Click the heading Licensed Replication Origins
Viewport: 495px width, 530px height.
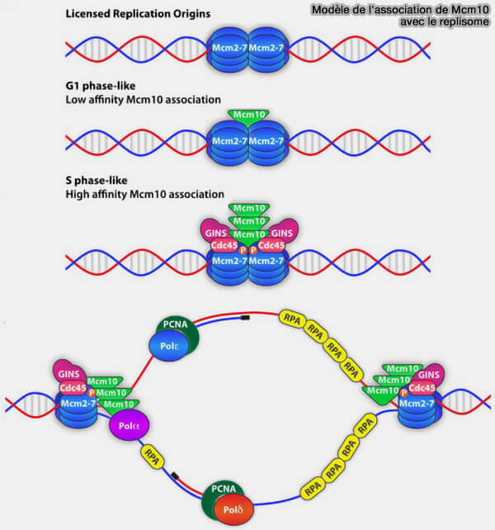138,14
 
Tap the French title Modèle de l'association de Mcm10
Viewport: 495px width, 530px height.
400,9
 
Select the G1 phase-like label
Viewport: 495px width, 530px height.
101,86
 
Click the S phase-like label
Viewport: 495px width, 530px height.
97,180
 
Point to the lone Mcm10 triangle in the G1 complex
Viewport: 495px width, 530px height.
248,116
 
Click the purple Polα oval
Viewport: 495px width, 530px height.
129,425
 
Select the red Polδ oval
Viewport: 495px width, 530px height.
233,509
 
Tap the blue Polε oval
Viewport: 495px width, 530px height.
169,346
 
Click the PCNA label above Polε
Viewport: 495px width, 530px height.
175,324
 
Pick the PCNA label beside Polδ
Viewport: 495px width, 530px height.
224,489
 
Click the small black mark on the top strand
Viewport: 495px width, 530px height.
245,318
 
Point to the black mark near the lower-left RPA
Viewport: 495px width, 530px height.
175,476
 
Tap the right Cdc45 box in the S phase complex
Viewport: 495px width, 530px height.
271,245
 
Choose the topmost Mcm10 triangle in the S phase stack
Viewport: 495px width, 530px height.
249,209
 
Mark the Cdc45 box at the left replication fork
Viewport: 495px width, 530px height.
73,388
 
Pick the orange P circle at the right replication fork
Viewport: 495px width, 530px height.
403,393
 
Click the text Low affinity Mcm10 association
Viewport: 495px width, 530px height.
144,100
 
